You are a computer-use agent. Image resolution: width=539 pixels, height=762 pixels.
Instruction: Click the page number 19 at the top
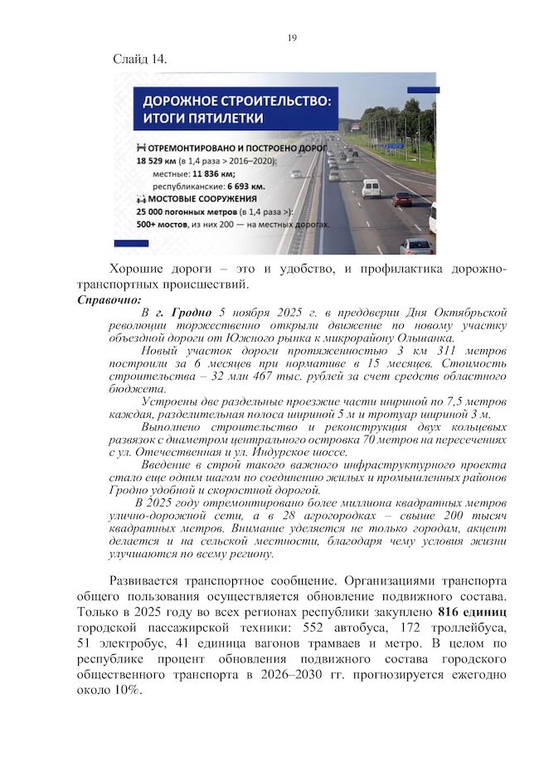[291, 38]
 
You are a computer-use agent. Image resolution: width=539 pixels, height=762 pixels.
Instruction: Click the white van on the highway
[370, 188]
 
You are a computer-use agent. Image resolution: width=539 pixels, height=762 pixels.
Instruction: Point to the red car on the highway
[402, 199]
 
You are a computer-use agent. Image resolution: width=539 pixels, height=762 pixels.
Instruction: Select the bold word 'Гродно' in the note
[188, 313]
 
